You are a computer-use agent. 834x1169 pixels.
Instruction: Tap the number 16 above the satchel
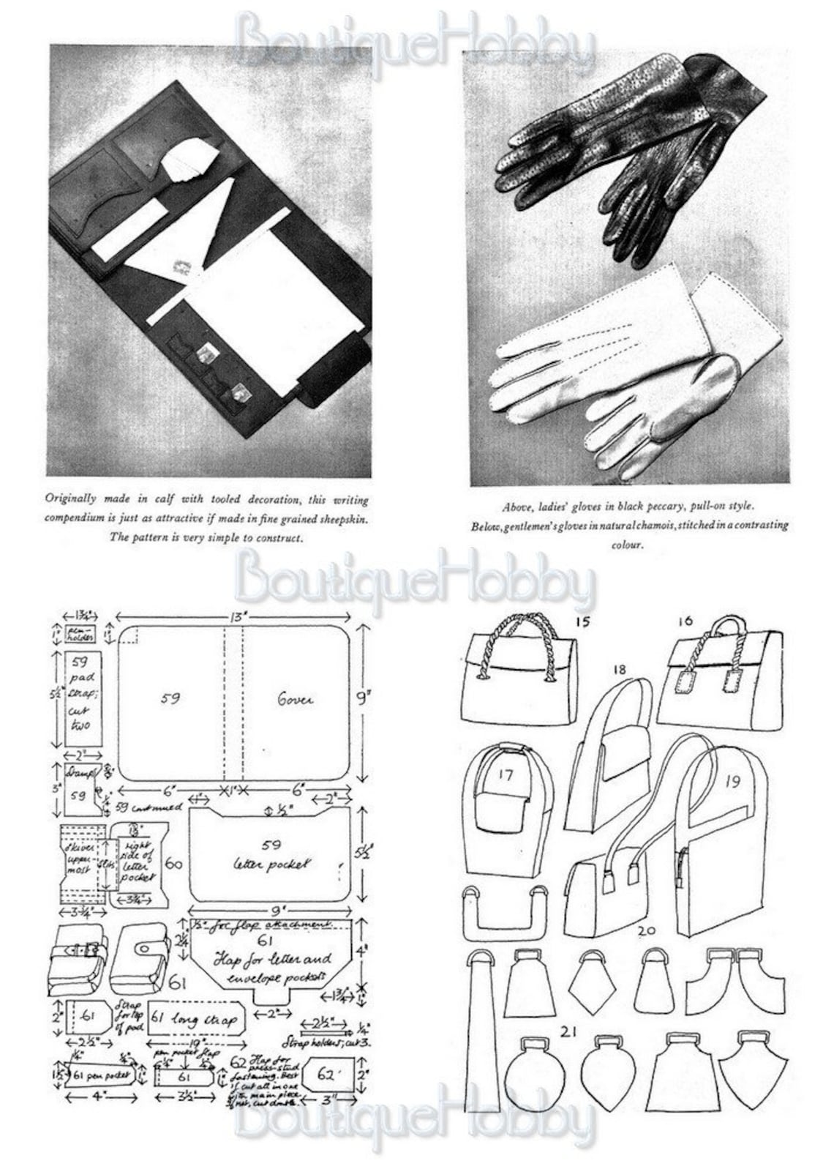tap(685, 621)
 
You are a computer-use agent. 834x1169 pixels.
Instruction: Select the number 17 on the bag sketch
tap(506, 774)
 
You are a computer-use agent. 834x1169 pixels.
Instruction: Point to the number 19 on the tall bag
tap(732, 781)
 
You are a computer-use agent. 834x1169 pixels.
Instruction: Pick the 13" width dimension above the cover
tap(236, 617)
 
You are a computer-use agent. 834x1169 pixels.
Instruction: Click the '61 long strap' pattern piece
tap(193, 1020)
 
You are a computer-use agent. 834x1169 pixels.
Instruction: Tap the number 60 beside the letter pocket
tap(173, 864)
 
